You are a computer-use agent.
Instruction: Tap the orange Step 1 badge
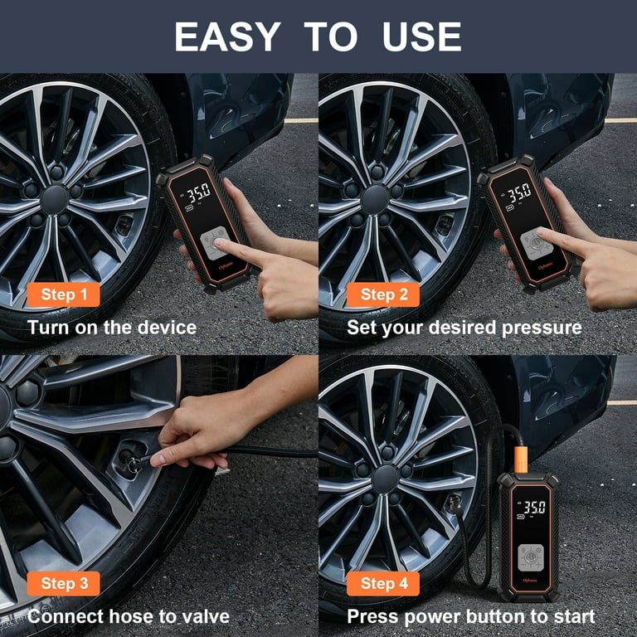click(64, 294)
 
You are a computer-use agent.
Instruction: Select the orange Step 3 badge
click(64, 583)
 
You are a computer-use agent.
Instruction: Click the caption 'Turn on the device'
click(112, 327)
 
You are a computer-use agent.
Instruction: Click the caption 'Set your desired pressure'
click(464, 327)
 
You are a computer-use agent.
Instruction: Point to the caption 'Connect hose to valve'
click(128, 616)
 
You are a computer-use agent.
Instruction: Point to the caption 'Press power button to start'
click(470, 616)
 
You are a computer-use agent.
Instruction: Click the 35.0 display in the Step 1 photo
click(197, 195)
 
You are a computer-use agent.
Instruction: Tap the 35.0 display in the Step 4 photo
click(532, 507)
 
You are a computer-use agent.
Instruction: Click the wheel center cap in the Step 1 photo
click(55, 199)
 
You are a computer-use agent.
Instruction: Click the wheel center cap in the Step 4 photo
click(385, 479)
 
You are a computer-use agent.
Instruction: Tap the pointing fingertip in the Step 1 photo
click(221, 244)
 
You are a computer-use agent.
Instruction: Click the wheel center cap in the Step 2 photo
click(376, 199)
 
